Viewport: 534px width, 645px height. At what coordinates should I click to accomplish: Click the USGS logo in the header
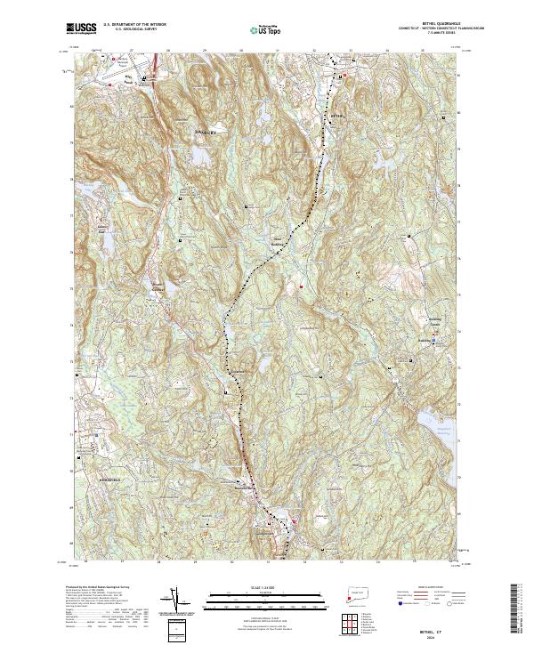pyautogui.click(x=82, y=28)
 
